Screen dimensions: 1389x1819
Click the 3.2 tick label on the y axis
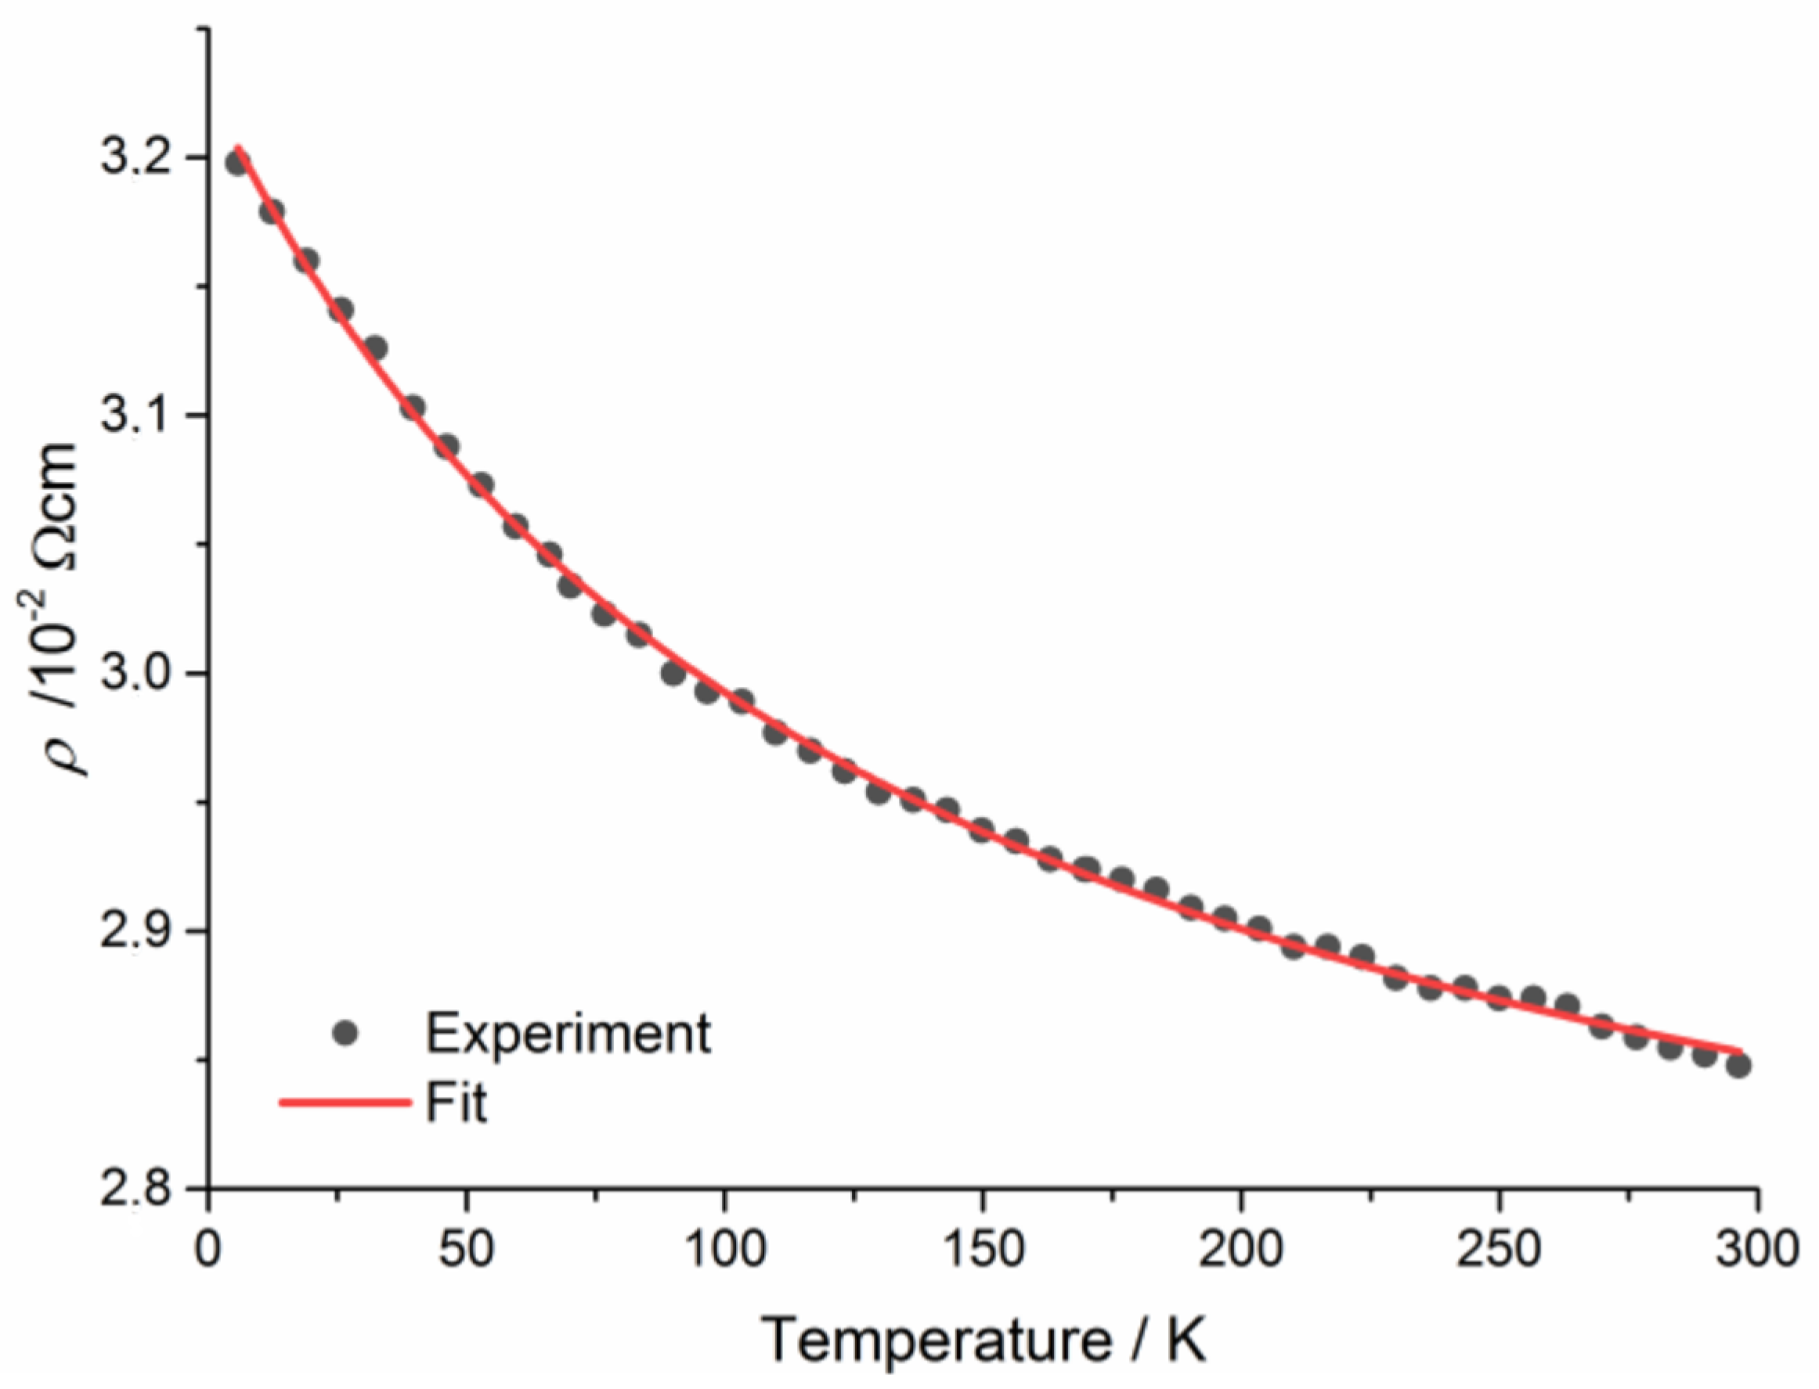tap(132, 158)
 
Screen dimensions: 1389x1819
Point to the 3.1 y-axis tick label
tap(132, 416)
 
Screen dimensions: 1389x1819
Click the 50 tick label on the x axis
tap(467, 1249)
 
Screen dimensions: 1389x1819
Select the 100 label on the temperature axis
tap(724, 1249)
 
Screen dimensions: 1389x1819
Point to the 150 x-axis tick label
tap(983, 1249)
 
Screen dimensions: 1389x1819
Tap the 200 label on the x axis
tap(1241, 1249)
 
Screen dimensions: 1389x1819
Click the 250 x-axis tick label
tap(1499, 1249)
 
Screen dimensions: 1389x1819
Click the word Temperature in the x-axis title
tap(936, 1340)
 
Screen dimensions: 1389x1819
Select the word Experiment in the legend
tap(568, 1033)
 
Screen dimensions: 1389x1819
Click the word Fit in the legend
tap(456, 1103)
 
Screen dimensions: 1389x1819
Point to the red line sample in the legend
tap(346, 1103)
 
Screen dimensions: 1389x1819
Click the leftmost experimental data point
tap(237, 163)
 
